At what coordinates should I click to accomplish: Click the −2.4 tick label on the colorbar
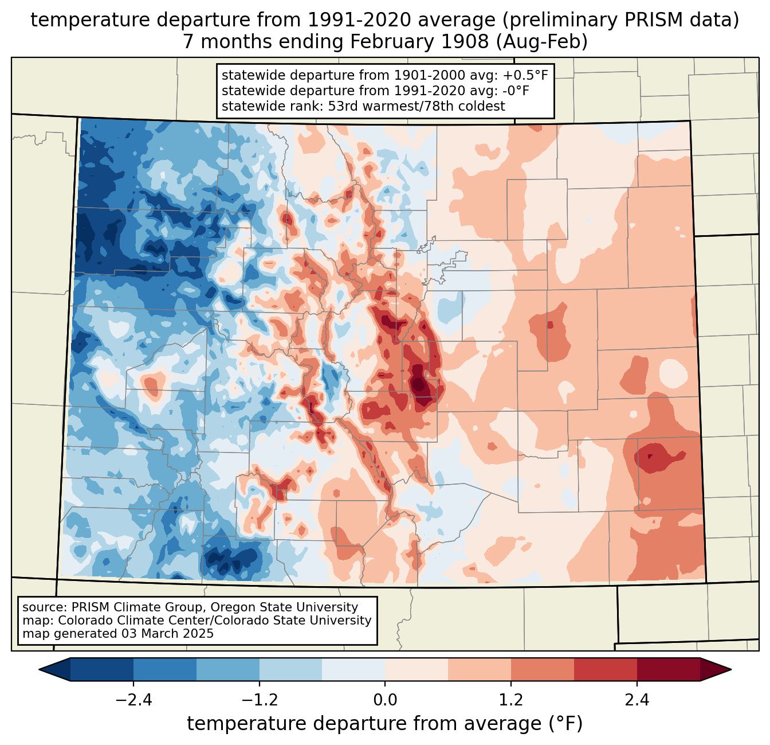click(x=133, y=700)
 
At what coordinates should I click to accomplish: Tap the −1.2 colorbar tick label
click(x=260, y=700)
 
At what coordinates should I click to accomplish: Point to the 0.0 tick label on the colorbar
click(x=385, y=700)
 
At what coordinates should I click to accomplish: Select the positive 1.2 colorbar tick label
click(x=511, y=700)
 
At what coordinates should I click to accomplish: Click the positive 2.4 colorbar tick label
click(x=637, y=700)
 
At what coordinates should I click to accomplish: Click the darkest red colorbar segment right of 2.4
click(x=668, y=669)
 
